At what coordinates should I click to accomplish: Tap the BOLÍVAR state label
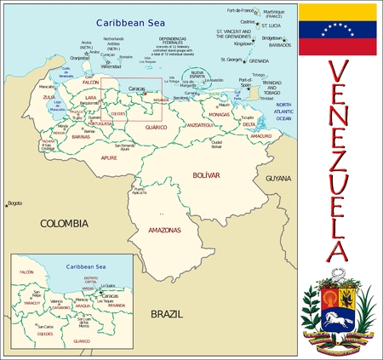click(x=207, y=175)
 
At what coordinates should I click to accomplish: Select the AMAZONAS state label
click(x=164, y=230)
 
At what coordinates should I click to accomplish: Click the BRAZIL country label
click(x=167, y=314)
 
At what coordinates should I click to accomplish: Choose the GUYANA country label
click(x=277, y=179)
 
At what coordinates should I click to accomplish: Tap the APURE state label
click(x=109, y=157)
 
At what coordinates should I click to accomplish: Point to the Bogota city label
click(x=14, y=203)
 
